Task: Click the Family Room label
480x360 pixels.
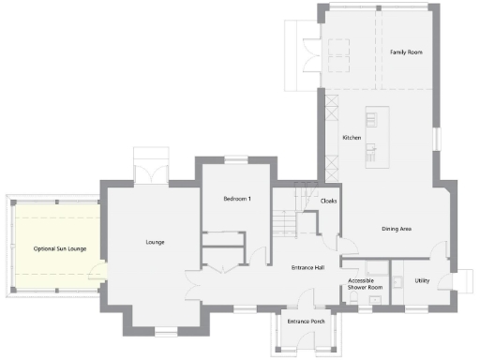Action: pos(406,52)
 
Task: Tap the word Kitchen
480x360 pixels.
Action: pos(352,138)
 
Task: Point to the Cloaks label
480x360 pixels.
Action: pos(328,201)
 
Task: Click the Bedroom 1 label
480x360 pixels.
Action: pos(236,200)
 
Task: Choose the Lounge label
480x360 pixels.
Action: pos(155,243)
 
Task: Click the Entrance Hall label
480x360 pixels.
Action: pos(307,268)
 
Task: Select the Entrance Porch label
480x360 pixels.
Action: pos(306,322)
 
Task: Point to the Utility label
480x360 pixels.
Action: pos(422,279)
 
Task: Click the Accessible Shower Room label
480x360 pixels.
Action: pos(365,284)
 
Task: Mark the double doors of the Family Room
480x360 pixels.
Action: pos(312,52)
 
